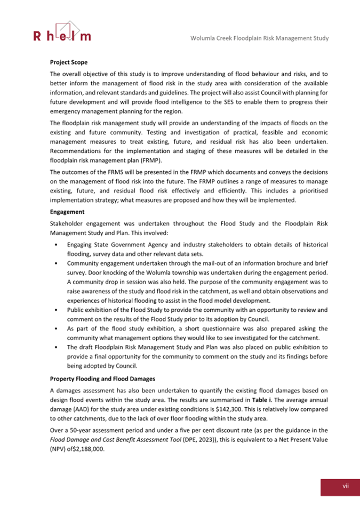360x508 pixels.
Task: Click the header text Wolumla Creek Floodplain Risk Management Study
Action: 259,38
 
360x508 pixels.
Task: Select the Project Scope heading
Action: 69,62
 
